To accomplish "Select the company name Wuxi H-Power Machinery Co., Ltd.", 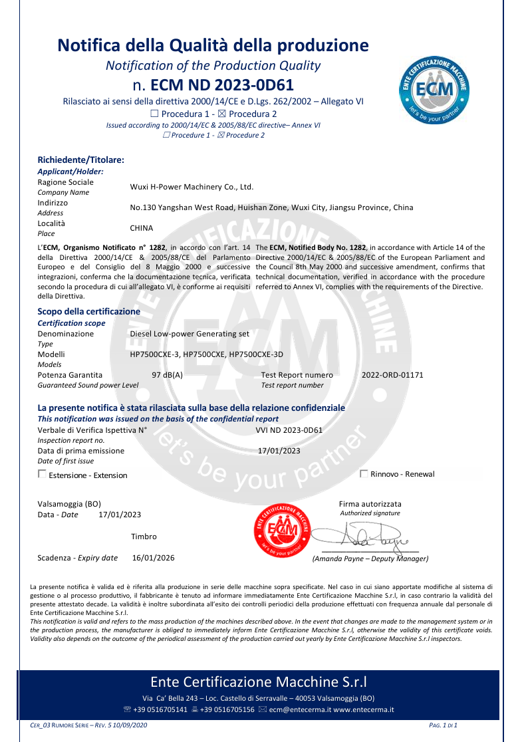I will point(192,187).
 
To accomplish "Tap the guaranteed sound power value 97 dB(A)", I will point(168,375).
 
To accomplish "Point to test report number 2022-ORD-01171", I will point(392,375).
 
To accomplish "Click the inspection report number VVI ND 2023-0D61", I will point(289,430).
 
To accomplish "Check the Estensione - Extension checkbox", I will point(43,474).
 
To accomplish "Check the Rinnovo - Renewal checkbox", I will point(364,473).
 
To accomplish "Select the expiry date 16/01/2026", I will point(154,558).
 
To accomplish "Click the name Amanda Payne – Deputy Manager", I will point(370,559).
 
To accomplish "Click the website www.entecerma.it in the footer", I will point(364,709).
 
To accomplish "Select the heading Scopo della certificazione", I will point(88,311).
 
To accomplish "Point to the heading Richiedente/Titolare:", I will point(81,160).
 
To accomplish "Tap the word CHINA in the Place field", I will point(142,228).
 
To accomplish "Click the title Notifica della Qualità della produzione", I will point(213,45).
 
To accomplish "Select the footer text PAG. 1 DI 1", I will point(444,725).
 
